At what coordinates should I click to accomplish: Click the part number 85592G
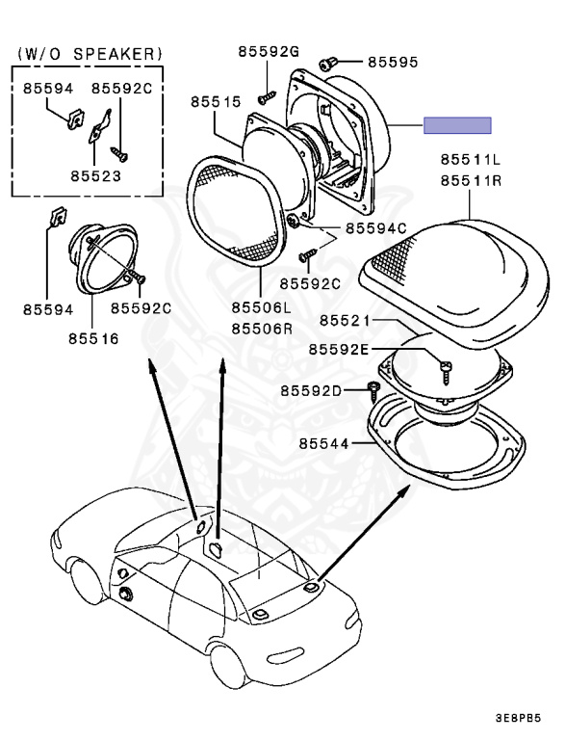267,50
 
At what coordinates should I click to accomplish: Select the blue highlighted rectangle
458,125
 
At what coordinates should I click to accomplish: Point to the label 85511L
472,159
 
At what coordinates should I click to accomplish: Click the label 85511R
472,179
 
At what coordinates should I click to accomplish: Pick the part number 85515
215,100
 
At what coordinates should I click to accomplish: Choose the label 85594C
376,228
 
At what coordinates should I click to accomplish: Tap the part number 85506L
261,308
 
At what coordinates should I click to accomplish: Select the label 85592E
338,349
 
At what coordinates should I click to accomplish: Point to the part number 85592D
311,390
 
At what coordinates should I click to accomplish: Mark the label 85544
322,444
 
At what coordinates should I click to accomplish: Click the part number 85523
93,177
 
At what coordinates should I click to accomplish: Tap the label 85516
93,338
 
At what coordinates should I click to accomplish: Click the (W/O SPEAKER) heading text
91,53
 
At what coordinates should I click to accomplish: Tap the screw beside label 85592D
373,389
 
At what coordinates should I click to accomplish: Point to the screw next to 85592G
262,96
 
